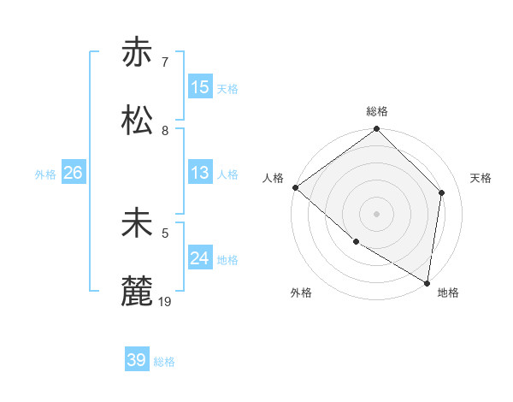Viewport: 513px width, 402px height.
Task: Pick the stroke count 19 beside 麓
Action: point(166,302)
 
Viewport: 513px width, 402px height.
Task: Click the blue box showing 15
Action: point(200,87)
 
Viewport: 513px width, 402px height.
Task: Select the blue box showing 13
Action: point(200,173)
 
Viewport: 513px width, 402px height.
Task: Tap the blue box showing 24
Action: point(200,258)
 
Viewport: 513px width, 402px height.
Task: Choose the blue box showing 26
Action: point(73,173)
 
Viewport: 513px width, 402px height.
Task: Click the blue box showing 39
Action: point(137,360)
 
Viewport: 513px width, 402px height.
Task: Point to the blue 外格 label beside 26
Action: point(45,174)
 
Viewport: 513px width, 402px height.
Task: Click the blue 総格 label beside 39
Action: point(164,362)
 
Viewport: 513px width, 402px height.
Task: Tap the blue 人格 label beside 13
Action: point(227,174)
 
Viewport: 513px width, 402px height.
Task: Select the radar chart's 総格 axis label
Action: point(377,111)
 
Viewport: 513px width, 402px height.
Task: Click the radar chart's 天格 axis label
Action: point(481,178)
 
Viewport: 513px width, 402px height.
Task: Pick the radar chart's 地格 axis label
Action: point(448,293)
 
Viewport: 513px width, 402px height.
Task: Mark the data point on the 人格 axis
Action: point(295,187)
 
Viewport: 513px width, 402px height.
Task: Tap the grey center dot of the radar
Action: point(376,214)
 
